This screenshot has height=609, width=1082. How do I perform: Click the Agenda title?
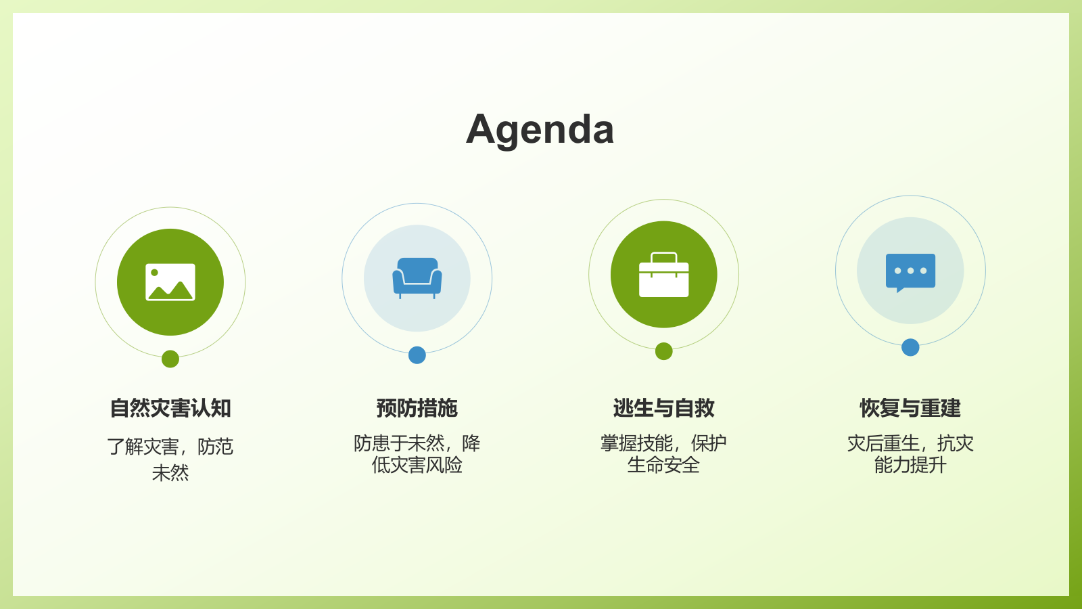(x=540, y=129)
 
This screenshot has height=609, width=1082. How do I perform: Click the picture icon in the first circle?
(x=170, y=282)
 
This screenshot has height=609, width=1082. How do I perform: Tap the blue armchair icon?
(x=417, y=277)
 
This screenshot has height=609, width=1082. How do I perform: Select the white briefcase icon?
(x=664, y=275)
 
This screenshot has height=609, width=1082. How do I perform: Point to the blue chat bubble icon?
(x=910, y=272)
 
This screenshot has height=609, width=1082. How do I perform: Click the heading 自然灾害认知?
(x=170, y=409)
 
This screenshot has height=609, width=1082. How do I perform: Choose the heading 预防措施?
(x=417, y=409)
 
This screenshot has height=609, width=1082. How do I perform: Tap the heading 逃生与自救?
(x=663, y=409)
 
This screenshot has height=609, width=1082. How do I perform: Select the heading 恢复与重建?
(x=910, y=409)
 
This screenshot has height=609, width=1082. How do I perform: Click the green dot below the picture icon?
(x=170, y=359)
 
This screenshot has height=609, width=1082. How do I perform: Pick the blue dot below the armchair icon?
(x=417, y=355)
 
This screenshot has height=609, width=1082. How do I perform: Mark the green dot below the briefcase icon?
(x=664, y=351)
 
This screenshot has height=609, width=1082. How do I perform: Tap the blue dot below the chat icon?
(x=910, y=348)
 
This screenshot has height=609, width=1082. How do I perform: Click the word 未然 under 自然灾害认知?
(x=170, y=473)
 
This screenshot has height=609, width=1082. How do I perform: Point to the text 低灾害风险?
(x=417, y=466)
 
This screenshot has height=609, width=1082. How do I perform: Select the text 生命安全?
(x=663, y=466)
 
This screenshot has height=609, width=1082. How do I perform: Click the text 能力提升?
(x=910, y=466)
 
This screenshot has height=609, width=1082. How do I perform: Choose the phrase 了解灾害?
(x=143, y=447)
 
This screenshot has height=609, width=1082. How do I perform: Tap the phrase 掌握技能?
(x=636, y=444)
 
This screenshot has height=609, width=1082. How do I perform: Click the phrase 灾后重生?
(x=883, y=444)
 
